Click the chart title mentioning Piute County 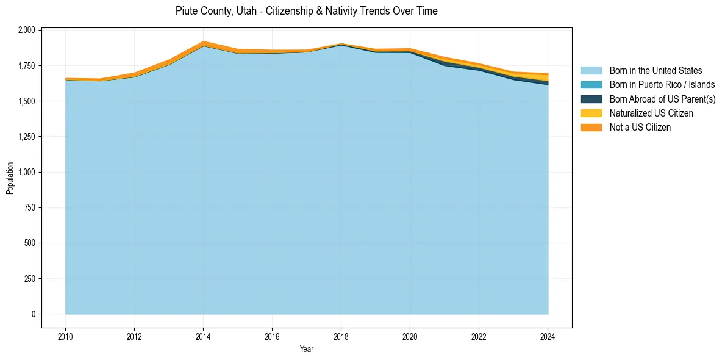pos(306,11)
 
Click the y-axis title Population pos(10,178)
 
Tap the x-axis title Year pos(307,349)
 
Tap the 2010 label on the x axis pos(65,336)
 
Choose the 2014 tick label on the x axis pos(203,336)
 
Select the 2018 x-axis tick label pos(341,336)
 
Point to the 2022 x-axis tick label pos(479,336)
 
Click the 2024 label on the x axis pos(548,336)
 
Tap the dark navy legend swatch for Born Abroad pos(591,99)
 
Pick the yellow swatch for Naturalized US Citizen pos(591,113)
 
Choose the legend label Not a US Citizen pos(640,128)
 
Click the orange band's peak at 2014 pos(203,43)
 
